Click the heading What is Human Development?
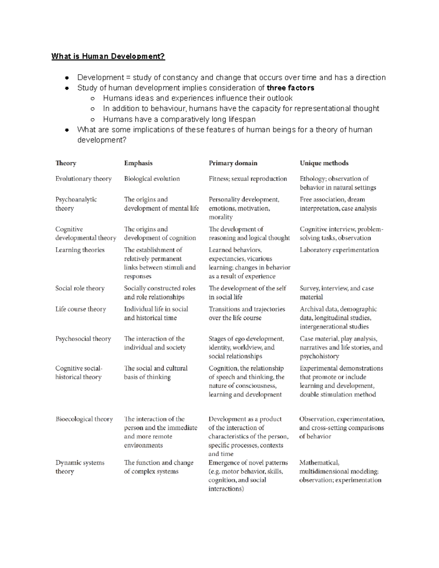pos(108,56)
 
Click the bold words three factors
pos(290,88)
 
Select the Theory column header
pos(66,163)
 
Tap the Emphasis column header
pos(138,163)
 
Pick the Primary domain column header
pos(233,163)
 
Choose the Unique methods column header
pos(324,163)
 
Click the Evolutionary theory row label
pos(83,179)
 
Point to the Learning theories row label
pos(80,250)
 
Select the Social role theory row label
pos(80,288)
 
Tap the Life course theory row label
pos(80,309)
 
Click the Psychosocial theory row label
pos(83,339)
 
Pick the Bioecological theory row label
pos(84,419)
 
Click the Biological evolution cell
pos(152,179)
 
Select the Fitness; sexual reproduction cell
pos(248,179)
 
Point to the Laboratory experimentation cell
pos(339,250)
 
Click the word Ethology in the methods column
pos(312,179)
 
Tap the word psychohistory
pos(319,356)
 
